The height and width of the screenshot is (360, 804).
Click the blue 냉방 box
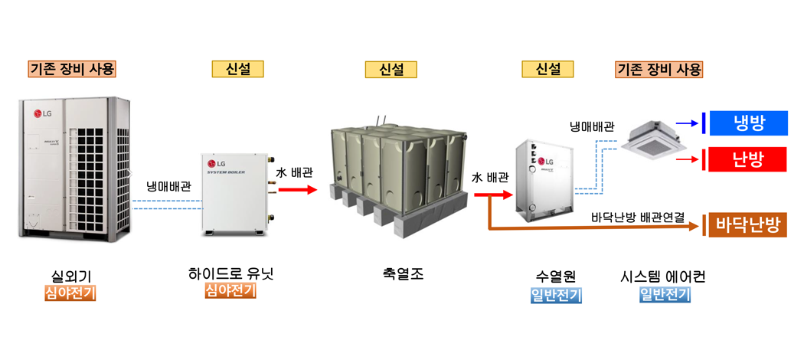tap(748, 122)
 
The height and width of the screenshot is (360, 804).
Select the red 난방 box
tap(748, 159)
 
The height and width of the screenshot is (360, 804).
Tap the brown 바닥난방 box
tap(747, 225)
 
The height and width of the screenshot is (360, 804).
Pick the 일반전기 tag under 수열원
tap(556, 295)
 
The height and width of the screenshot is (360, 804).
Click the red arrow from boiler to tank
tap(297, 188)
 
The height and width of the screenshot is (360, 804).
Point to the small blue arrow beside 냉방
tap(692, 122)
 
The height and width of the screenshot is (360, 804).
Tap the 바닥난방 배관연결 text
tap(638, 217)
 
